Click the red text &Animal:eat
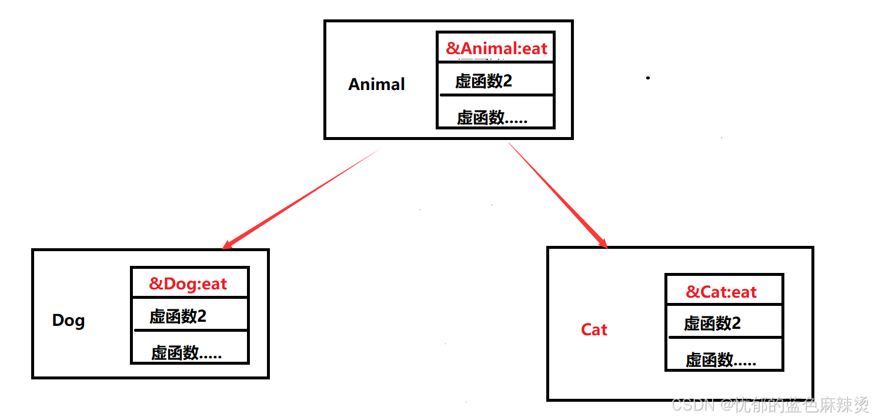click(x=496, y=48)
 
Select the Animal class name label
click(x=376, y=84)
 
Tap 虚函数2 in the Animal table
click(x=483, y=81)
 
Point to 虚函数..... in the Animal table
click(x=492, y=118)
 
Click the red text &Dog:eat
click(x=188, y=284)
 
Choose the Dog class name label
click(x=68, y=321)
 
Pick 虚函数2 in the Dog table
click(x=178, y=316)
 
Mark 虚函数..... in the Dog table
click(x=186, y=353)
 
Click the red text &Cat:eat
click(x=721, y=292)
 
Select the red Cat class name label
click(x=594, y=329)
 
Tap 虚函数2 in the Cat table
click(x=712, y=323)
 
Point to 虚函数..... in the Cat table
click(x=720, y=359)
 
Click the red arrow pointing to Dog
click(x=300, y=198)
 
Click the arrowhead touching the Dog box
click(x=228, y=244)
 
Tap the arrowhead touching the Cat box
click(x=603, y=242)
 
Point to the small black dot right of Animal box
click(x=648, y=78)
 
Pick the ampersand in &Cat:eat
click(x=693, y=292)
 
